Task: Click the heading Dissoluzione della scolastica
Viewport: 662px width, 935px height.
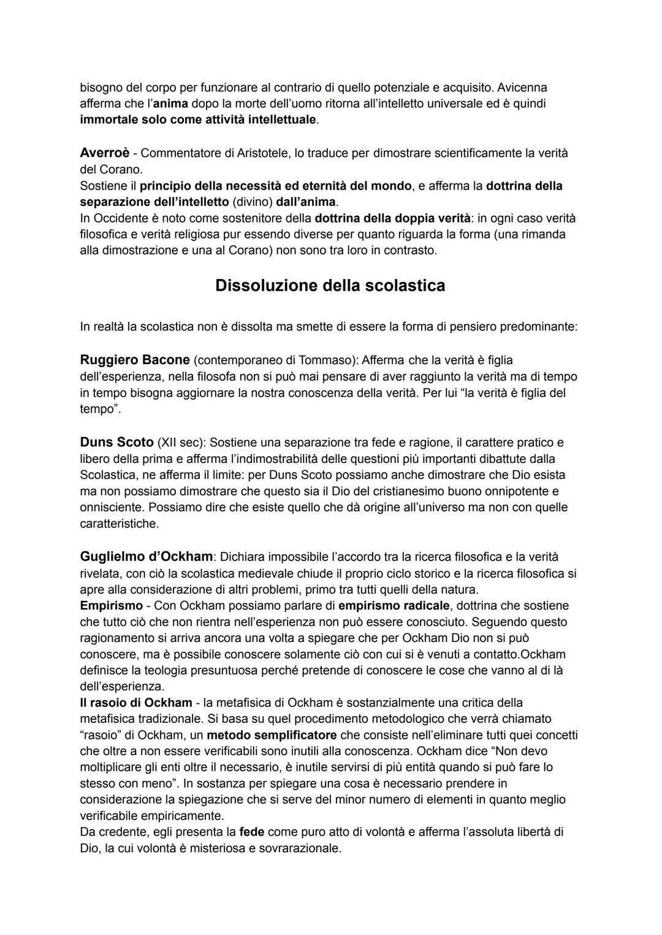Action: pyautogui.click(x=330, y=286)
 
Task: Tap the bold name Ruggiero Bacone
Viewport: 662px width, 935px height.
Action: pyautogui.click(x=135, y=360)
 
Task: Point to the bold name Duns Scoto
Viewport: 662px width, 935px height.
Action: pyautogui.click(x=116, y=442)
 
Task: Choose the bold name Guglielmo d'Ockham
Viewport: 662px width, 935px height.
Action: pyautogui.click(x=146, y=557)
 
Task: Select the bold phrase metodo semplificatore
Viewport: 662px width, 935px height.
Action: pyautogui.click(x=272, y=735)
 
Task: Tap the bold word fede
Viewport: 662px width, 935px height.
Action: pyautogui.click(x=251, y=832)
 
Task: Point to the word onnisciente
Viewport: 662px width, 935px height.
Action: pyautogui.click(x=111, y=508)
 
